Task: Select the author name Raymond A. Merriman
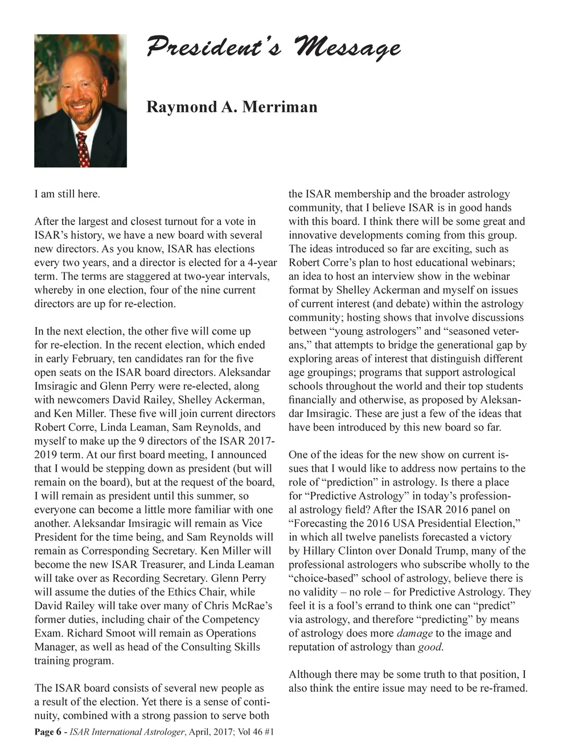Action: click(232, 107)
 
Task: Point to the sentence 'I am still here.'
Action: click(67, 194)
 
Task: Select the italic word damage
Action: click(414, 633)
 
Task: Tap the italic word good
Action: click(430, 647)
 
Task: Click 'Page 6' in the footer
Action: click(48, 732)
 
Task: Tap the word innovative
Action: click(315, 235)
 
